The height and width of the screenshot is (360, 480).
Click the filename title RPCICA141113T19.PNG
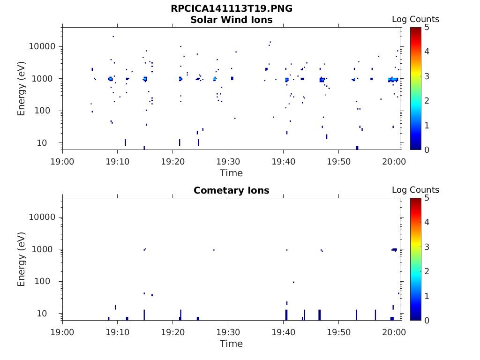point(231,8)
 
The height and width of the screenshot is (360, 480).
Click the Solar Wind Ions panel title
point(231,20)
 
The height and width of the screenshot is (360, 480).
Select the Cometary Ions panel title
point(231,190)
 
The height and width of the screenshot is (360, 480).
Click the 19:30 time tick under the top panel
point(228,162)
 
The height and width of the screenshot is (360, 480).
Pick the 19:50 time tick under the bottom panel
point(338,332)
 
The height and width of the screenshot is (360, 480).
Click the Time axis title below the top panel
point(231,173)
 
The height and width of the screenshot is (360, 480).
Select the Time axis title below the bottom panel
point(231,344)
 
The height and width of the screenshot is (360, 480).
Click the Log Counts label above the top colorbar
point(415,19)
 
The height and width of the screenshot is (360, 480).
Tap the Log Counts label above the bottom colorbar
point(415,190)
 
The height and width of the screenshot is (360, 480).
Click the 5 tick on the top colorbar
point(427,27)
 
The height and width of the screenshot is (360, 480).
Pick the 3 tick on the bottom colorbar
point(427,247)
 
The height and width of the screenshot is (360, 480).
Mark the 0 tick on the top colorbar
point(427,150)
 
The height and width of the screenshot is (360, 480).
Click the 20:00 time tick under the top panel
point(394,162)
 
